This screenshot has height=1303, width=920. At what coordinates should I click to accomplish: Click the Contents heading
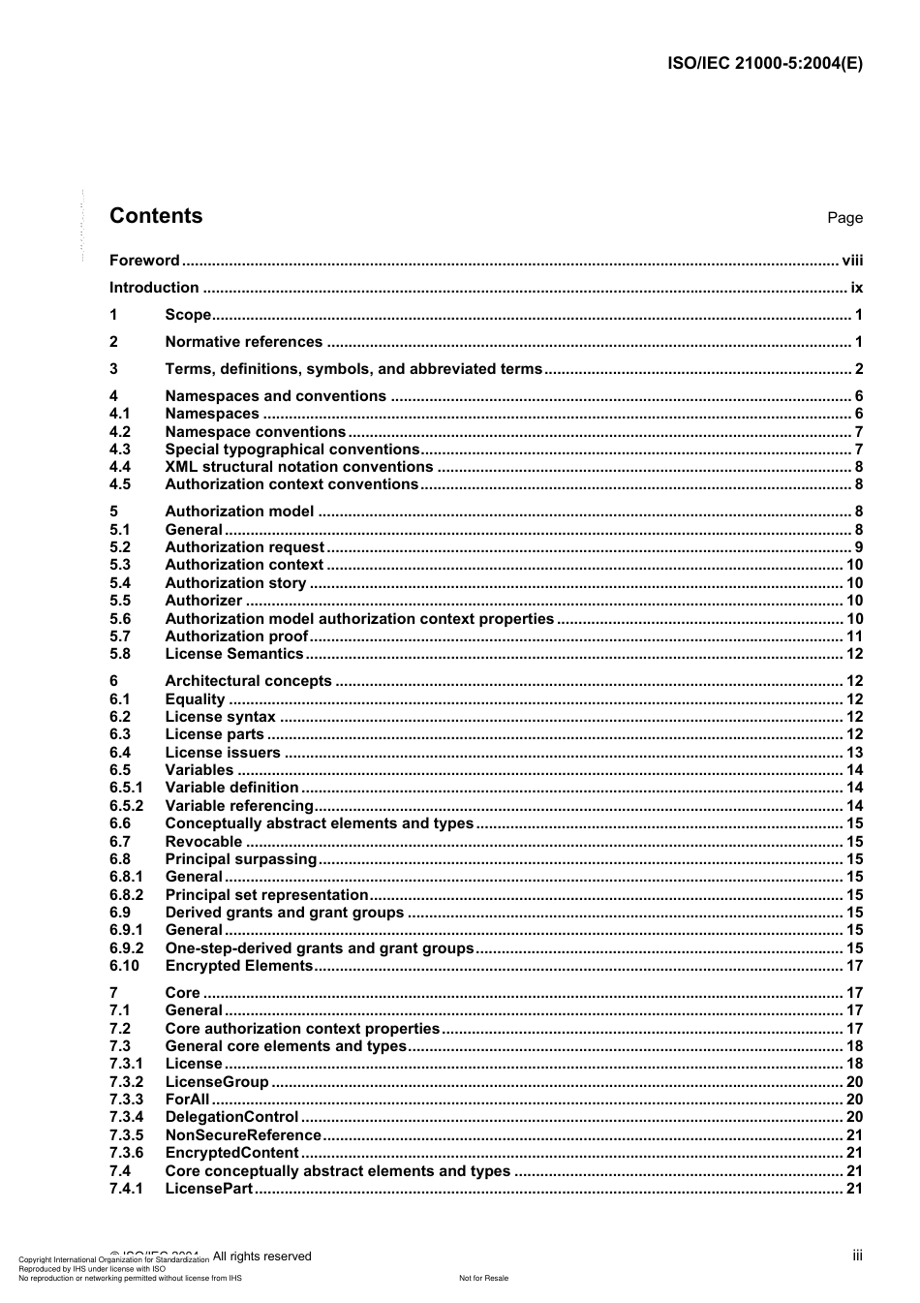point(156,216)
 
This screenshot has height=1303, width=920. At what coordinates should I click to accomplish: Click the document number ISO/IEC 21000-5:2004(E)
point(765,64)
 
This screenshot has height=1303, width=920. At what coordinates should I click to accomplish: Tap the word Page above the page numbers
point(844,218)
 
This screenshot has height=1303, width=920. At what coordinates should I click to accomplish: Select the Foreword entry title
point(144,260)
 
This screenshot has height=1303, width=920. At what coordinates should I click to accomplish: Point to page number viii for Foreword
point(852,260)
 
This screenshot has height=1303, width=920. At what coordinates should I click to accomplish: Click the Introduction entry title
point(154,287)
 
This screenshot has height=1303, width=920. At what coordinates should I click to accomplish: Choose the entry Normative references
point(243,341)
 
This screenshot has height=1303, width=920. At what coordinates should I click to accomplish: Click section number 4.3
point(120,449)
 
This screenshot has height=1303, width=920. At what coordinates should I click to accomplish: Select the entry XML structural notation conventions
point(298,467)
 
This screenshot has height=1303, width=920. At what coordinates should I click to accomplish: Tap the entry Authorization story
point(235,583)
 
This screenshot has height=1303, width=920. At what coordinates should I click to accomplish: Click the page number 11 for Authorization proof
point(854,636)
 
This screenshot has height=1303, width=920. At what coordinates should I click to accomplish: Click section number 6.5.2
point(126,806)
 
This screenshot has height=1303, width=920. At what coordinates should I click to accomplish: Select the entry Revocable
point(203,842)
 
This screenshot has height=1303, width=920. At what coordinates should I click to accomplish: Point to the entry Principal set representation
point(266,895)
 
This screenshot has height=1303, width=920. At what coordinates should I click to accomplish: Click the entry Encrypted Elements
point(238,966)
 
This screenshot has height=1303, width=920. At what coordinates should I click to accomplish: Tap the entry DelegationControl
point(231,1117)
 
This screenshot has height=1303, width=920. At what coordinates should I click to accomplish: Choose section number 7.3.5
point(126,1134)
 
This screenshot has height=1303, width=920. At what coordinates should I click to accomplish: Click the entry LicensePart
point(208,1188)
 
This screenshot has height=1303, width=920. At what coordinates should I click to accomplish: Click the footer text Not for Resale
point(483,1278)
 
